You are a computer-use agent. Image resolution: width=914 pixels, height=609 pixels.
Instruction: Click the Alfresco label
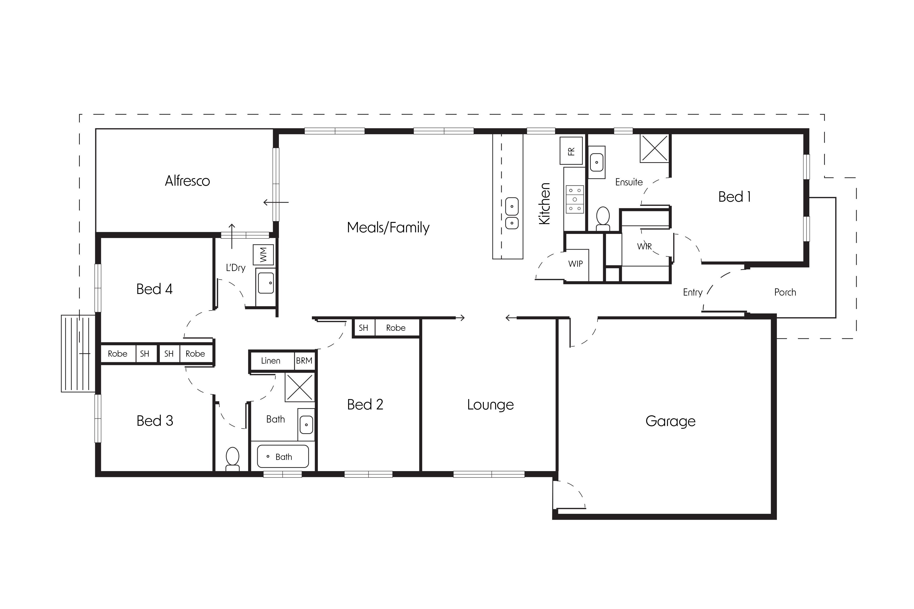[187, 181]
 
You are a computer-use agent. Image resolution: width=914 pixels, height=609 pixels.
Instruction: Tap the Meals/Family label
[388, 228]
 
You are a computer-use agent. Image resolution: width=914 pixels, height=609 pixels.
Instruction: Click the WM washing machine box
[263, 255]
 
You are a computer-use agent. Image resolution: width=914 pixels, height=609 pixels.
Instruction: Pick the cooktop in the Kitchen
[575, 200]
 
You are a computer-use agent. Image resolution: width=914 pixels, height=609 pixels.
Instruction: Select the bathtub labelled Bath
[283, 456]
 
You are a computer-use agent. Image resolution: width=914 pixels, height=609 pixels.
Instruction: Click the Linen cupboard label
[270, 361]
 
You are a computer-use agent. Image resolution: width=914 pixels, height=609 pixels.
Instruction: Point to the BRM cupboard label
[304, 361]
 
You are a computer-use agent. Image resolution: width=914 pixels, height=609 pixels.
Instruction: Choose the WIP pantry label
[575, 264]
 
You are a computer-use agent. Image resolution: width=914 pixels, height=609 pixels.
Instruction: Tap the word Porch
[785, 292]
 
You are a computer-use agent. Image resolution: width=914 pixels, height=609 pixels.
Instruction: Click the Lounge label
[490, 405]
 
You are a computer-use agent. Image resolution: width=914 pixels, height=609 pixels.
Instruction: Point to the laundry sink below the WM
[266, 283]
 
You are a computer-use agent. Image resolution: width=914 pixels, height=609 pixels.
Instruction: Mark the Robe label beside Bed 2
[396, 328]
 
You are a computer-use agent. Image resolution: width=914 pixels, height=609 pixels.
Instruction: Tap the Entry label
[693, 292]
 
